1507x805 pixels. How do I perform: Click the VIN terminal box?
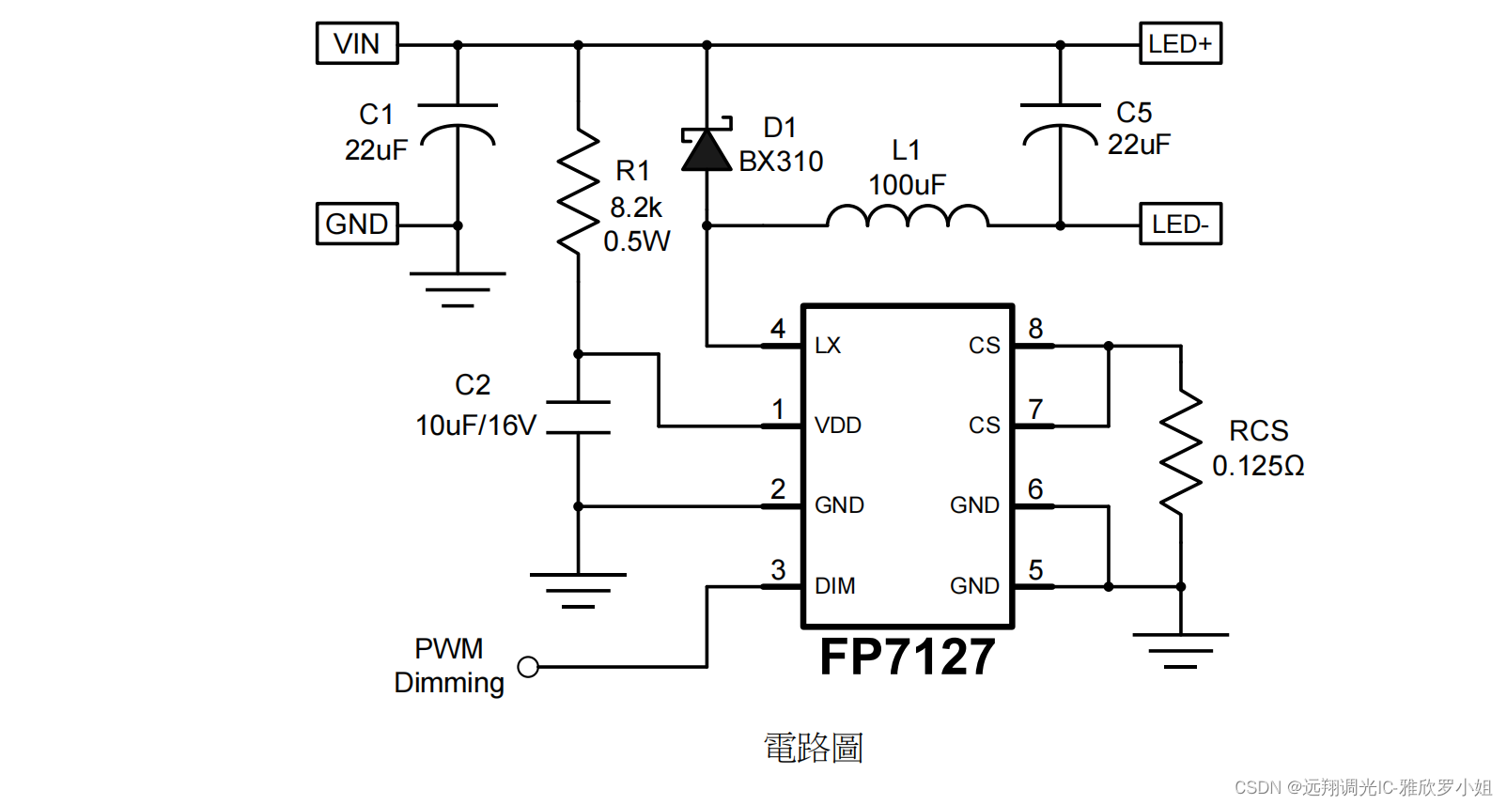357,43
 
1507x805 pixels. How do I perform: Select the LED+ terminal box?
1180,43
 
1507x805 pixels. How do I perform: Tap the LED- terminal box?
1180,224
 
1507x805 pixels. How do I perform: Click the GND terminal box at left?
357,224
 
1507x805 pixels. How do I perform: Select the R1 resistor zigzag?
578,193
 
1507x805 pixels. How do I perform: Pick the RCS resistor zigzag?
1180,453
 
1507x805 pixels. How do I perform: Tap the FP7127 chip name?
907,657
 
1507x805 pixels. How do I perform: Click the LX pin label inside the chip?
828,346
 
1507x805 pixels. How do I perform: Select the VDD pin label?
838,426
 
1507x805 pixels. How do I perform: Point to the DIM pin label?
835,586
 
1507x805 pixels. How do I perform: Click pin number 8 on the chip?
1035,329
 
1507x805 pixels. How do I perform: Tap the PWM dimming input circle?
528,667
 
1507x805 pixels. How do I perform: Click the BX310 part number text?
781,162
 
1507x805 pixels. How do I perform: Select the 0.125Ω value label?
1258,466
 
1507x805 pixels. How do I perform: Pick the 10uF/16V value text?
475,426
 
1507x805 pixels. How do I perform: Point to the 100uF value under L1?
907,185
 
